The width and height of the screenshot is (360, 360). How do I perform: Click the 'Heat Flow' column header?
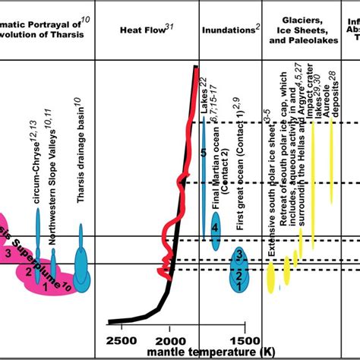pyautogui.click(x=147, y=30)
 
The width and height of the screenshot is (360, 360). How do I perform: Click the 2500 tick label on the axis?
pyautogui.click(x=122, y=339)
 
